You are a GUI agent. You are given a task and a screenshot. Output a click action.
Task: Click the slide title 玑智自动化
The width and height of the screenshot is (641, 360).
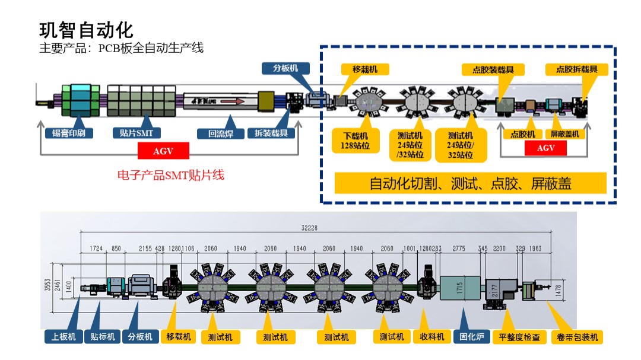pyautogui.click(x=86, y=29)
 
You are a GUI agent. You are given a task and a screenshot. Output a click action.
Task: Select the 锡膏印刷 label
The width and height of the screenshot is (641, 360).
pyautogui.click(x=69, y=133)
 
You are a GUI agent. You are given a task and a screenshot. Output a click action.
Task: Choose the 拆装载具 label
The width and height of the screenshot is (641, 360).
pyautogui.click(x=271, y=133)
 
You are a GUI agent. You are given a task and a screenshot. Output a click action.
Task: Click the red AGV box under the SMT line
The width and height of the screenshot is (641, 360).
pyautogui.click(x=163, y=151)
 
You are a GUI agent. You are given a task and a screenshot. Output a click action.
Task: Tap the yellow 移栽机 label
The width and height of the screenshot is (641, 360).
pyautogui.click(x=365, y=69)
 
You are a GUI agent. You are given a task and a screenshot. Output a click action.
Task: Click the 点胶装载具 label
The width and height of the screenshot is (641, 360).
pyautogui.click(x=493, y=69)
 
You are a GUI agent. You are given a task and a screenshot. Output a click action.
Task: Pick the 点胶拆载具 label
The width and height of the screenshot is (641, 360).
pyautogui.click(x=577, y=69)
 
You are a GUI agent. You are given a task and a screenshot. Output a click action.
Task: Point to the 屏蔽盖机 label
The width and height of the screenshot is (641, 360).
pyautogui.click(x=565, y=134)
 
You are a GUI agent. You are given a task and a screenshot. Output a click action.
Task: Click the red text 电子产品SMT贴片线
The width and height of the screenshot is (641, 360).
pyautogui.click(x=172, y=176)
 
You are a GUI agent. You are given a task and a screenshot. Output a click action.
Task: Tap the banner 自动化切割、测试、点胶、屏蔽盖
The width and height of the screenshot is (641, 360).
pyautogui.click(x=470, y=184)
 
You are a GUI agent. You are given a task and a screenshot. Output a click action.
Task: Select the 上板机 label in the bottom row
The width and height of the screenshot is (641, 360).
pyautogui.click(x=64, y=337)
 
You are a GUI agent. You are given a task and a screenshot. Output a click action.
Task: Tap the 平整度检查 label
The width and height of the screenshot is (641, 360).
pyautogui.click(x=520, y=337)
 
